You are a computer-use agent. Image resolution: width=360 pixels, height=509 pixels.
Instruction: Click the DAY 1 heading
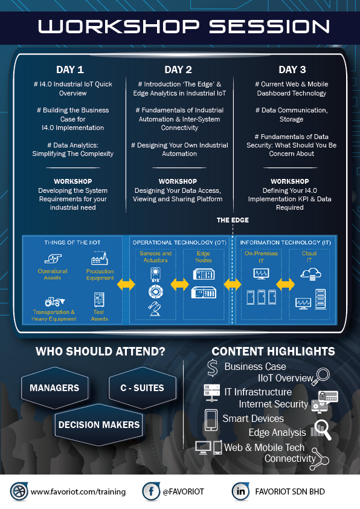tap(70, 70)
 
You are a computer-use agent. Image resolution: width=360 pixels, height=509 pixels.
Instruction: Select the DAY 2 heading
tap(178, 70)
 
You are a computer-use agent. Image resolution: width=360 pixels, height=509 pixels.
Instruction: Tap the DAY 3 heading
tap(292, 70)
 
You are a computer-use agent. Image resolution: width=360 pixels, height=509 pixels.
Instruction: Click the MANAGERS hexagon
tap(54, 387)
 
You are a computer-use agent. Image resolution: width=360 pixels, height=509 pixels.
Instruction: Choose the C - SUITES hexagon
tap(143, 387)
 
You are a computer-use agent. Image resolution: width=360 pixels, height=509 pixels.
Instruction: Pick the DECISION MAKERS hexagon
tap(99, 424)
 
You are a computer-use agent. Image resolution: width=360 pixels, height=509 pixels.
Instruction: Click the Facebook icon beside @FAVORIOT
tap(151, 491)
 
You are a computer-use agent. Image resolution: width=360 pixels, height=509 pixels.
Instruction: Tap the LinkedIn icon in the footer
tap(240, 491)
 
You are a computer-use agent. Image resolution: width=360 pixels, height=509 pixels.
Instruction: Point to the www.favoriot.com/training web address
tap(78, 492)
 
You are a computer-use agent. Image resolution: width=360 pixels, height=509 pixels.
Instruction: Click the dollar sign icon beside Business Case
tap(213, 368)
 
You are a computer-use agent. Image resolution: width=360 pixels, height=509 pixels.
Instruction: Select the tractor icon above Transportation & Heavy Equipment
tap(54, 302)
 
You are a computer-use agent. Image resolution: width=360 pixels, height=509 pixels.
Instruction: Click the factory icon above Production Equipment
tap(100, 258)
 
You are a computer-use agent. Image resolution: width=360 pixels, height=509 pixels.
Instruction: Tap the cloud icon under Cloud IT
tap(310, 274)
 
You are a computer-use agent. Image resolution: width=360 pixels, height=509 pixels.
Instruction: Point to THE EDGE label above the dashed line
tap(233, 220)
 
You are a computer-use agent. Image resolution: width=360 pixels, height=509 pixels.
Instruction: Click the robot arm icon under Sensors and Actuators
tap(155, 308)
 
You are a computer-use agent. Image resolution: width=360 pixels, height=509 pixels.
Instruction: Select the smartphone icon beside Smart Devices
tap(211, 420)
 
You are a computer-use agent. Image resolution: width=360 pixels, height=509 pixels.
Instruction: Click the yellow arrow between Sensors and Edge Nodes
tap(179, 284)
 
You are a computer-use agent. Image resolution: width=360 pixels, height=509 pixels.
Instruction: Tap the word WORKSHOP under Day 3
tap(289, 181)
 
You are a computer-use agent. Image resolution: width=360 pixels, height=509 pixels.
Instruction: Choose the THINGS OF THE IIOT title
tap(72, 242)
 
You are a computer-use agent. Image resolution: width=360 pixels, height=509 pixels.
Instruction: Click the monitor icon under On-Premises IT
tap(261, 274)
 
